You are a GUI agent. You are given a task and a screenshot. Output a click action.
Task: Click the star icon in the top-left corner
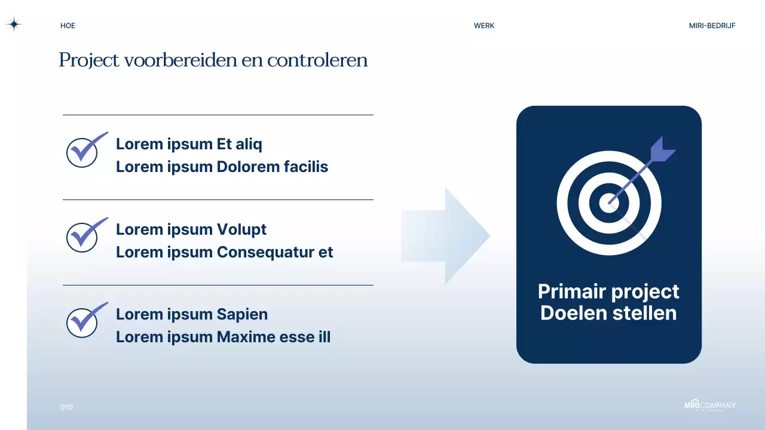click(14, 24)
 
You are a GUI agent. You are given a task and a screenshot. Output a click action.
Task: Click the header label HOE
click(68, 26)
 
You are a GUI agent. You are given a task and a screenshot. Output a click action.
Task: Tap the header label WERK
click(484, 26)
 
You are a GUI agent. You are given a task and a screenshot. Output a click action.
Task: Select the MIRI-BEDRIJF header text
click(712, 26)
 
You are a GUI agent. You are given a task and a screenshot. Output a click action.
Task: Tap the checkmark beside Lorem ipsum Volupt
click(84, 235)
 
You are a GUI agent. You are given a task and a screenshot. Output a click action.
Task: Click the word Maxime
click(246, 337)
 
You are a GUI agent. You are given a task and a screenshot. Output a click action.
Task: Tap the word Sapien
click(242, 314)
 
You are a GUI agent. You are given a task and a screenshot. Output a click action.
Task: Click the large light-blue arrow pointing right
click(446, 236)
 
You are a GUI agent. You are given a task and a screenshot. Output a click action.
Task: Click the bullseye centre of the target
click(608, 203)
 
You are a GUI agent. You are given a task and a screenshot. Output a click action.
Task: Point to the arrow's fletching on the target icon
click(660, 150)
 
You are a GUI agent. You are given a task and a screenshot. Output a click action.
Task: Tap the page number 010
click(66, 407)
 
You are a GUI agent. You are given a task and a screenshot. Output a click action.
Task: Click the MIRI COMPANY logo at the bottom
click(709, 406)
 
